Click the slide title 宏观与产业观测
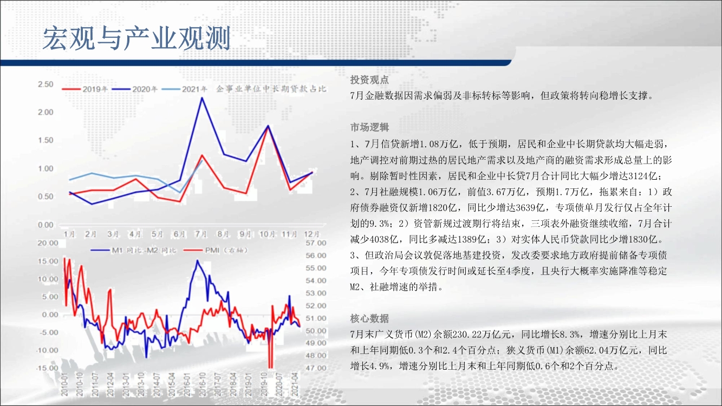point(136,38)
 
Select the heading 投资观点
point(369,80)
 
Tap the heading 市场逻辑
point(369,127)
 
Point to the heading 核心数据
point(369,318)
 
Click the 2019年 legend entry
point(85,89)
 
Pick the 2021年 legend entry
point(184,89)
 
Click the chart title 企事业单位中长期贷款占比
point(271,89)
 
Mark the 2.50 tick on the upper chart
point(45,84)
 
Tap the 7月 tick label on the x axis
point(201,234)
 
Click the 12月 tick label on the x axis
point(311,234)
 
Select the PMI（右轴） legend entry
point(216,250)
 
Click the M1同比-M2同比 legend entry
point(134,250)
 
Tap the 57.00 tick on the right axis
point(316,243)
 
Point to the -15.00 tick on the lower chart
point(47,368)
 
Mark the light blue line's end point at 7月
point(202,160)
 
